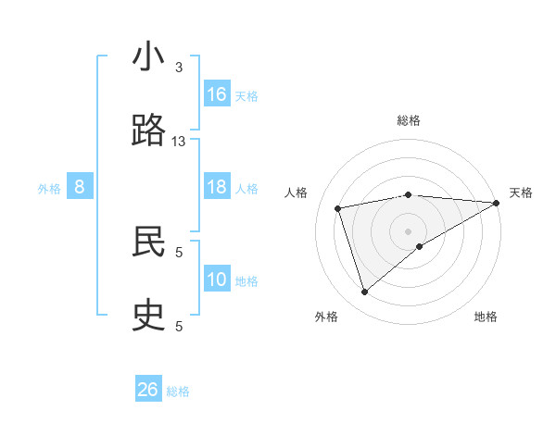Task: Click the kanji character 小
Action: (x=149, y=57)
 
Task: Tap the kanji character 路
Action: (x=149, y=130)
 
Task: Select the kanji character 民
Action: (x=149, y=242)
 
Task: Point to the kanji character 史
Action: (x=149, y=315)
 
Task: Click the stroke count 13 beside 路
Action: (x=179, y=141)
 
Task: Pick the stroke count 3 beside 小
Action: (x=179, y=68)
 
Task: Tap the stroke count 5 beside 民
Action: (x=179, y=251)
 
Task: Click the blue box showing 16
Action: (x=217, y=94)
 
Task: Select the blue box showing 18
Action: (x=217, y=187)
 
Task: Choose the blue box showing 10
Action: (x=217, y=280)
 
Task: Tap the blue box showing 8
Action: (x=80, y=187)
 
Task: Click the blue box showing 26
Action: (x=148, y=390)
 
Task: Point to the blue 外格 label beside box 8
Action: (x=49, y=189)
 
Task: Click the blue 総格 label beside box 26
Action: (x=178, y=391)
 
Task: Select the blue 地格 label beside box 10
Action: (x=246, y=281)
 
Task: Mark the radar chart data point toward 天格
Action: (x=497, y=203)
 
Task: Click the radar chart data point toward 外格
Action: (x=365, y=292)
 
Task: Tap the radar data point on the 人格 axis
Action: (x=338, y=207)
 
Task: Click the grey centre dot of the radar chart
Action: (x=409, y=230)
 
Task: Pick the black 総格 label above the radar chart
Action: (x=409, y=120)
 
